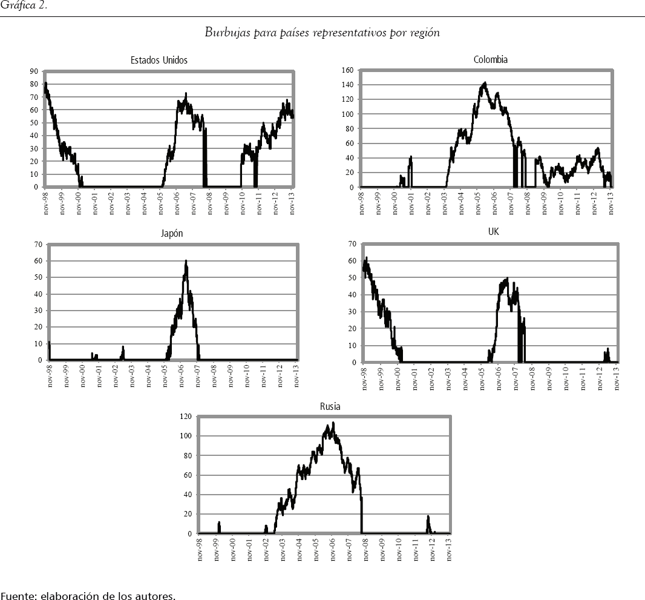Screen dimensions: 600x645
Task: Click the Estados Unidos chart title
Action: tap(159, 60)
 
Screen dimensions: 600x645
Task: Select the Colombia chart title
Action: tap(490, 59)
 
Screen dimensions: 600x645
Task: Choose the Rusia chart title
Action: tap(330, 406)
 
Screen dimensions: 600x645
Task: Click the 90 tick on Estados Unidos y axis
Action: tap(34, 71)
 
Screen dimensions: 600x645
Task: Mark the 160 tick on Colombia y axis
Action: tap(347, 70)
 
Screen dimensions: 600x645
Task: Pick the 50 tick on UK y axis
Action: tap(351, 277)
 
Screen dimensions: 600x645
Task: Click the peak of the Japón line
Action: tap(186, 261)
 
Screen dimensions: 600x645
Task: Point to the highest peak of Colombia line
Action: tap(485, 83)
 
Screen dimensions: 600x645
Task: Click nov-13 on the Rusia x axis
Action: tap(449, 549)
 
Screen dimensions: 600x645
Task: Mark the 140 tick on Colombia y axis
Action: tap(347, 85)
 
